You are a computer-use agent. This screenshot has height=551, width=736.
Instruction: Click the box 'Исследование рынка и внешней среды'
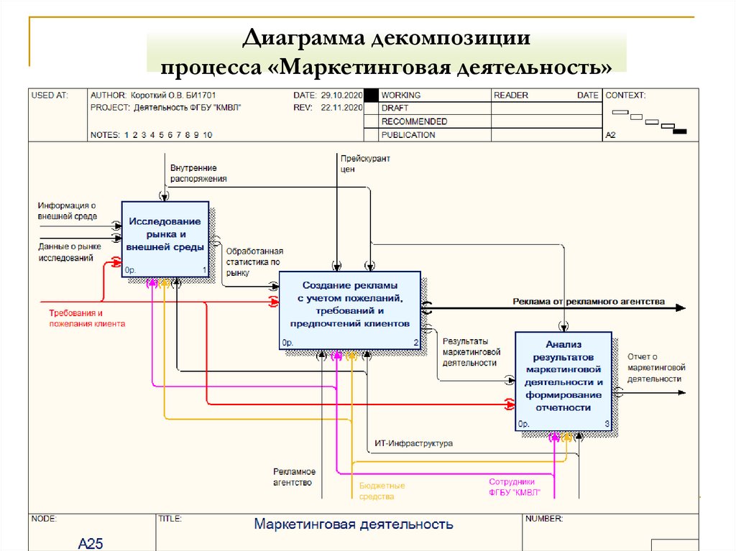point(165,239)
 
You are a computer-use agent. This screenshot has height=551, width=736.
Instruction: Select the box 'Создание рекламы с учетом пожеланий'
point(350,310)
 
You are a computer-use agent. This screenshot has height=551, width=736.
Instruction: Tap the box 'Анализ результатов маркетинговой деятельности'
point(563,381)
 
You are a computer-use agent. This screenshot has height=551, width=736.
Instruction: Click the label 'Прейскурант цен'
point(365,164)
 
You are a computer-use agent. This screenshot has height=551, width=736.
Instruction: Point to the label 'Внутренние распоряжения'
point(198,173)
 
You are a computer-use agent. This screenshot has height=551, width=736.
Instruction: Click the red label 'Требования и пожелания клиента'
point(87,318)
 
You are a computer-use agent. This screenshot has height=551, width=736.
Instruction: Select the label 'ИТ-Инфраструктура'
point(413,443)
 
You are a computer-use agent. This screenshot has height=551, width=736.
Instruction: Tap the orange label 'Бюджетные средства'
point(382,491)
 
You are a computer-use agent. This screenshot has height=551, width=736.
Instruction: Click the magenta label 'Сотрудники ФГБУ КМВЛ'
point(514,487)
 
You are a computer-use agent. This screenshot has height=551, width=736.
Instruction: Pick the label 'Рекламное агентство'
point(294,477)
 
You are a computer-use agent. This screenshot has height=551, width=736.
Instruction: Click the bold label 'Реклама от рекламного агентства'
point(589,301)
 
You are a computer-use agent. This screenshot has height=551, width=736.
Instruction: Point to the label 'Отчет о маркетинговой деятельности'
point(656,368)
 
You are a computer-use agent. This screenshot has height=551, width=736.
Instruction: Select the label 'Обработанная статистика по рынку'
point(254,262)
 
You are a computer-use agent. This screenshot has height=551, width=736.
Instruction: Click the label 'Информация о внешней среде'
point(67,210)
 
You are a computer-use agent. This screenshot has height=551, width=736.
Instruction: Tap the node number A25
point(91,543)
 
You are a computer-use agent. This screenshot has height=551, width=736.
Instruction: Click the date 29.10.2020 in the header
point(341,96)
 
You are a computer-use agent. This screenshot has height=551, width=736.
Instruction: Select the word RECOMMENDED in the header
point(414,121)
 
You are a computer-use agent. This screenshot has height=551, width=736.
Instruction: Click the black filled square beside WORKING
point(372,96)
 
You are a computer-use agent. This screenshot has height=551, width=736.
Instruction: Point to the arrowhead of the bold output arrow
point(681,308)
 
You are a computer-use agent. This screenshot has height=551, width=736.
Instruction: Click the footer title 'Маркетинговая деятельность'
point(354,524)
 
